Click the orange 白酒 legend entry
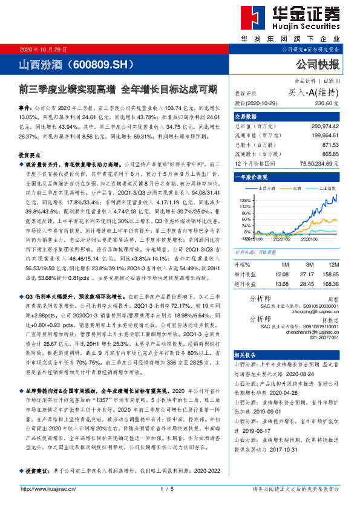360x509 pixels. [x=295, y=188]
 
